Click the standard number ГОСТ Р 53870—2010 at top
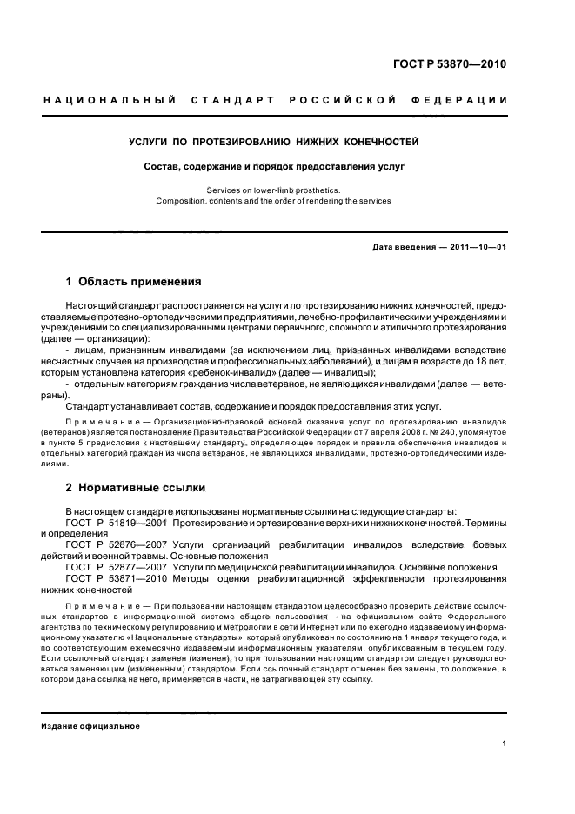coord(453,64)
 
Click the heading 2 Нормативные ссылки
coord(136,489)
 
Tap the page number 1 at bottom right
coord(505,744)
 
